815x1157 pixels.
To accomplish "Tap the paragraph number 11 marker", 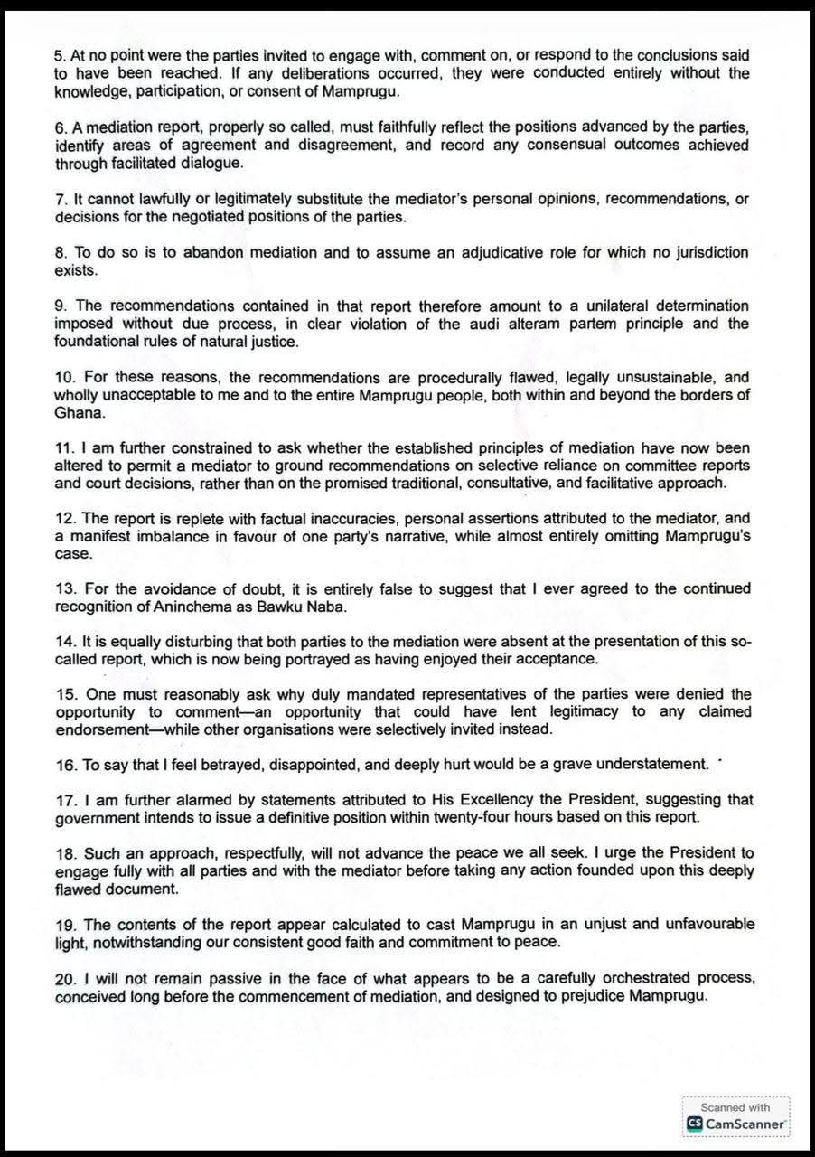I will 63,448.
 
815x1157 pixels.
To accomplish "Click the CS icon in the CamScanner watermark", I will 695,1124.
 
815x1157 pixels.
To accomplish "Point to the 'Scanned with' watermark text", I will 735,1107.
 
